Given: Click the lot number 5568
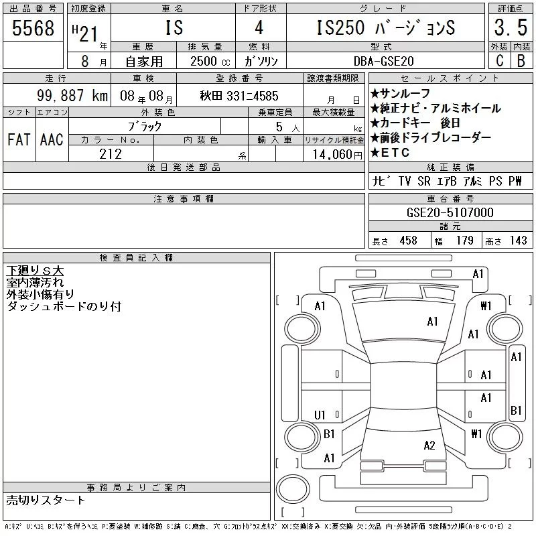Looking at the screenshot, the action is point(33,27).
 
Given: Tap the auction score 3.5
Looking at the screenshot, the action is point(511,27).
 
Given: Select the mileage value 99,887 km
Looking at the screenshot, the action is point(72,96).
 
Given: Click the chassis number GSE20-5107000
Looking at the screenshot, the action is point(450,212).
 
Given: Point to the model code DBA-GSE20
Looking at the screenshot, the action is point(383,61).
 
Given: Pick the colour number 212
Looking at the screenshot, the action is point(111,154).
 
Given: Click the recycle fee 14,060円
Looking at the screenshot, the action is point(337,155).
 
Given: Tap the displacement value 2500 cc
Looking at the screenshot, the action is point(210,61).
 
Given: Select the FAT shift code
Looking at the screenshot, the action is point(19,139).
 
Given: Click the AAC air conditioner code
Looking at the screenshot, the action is point(52,139).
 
